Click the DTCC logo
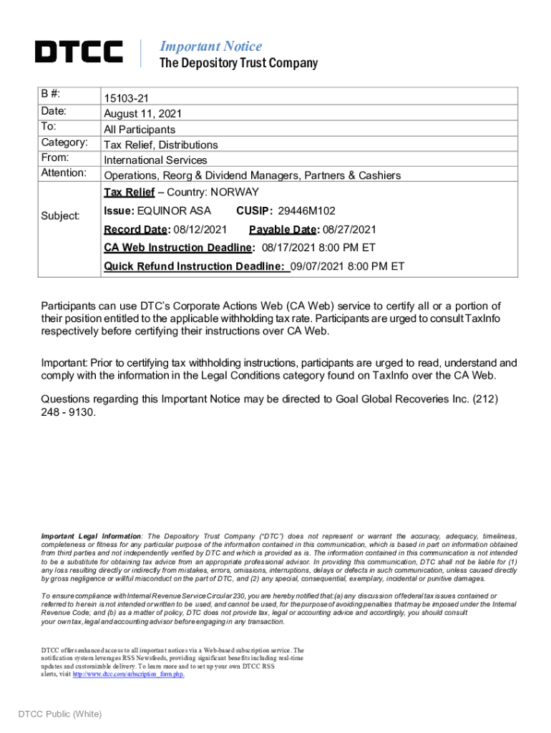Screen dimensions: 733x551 pyautogui.click(x=79, y=52)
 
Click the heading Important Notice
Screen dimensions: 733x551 pyautogui.click(x=210, y=47)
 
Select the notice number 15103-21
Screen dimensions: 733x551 pyautogui.click(x=127, y=98)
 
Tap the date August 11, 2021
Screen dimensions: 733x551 pyautogui.click(x=143, y=113)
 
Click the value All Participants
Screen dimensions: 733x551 pyautogui.click(x=140, y=130)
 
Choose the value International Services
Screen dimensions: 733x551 pyautogui.click(x=155, y=160)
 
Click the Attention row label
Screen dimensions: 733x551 pyautogui.click(x=64, y=173)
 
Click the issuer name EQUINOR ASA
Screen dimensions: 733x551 pyautogui.click(x=174, y=210)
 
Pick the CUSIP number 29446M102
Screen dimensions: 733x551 pyautogui.click(x=306, y=210)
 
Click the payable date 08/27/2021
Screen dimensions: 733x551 pyautogui.click(x=348, y=229)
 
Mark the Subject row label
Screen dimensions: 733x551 pyautogui.click(x=60, y=215)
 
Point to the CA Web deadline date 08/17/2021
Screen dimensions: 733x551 pyautogui.click(x=286, y=248)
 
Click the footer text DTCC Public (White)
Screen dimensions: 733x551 pyautogui.click(x=60, y=714)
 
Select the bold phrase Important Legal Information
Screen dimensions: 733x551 pyautogui.click(x=91, y=536)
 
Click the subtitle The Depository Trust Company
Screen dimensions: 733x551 pyautogui.click(x=238, y=64)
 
